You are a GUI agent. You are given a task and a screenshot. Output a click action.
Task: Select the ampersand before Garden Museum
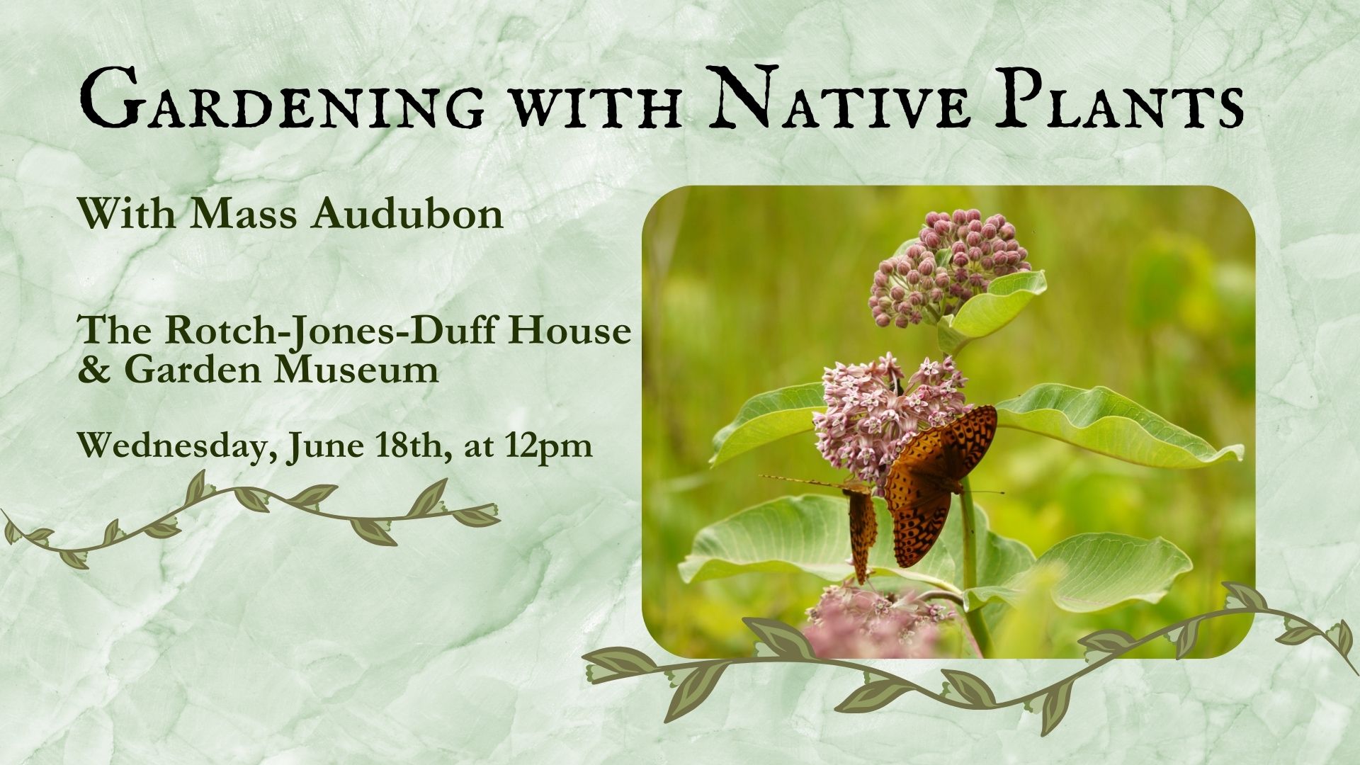pyautogui.click(x=95, y=370)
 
